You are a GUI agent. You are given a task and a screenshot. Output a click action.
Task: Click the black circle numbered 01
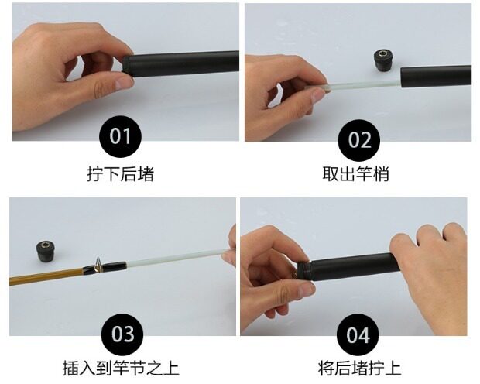point(120,136)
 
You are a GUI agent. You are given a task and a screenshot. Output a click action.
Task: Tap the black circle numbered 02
point(358,140)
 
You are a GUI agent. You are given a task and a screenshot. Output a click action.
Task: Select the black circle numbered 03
point(122,334)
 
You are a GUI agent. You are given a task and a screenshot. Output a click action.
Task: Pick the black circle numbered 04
point(358,334)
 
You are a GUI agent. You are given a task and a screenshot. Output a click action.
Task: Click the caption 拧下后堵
point(120,174)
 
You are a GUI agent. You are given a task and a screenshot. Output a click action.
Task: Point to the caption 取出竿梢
point(355,174)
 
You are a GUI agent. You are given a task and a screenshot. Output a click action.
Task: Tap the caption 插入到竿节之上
point(121,368)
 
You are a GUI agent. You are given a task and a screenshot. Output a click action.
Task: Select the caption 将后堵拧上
point(359,368)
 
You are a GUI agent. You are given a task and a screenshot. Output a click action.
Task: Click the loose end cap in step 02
point(383,60)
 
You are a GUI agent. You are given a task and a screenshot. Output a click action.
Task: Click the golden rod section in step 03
point(46,276)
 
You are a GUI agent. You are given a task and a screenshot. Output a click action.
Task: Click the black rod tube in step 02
point(436,76)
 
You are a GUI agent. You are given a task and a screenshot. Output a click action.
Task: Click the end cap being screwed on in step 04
point(304,270)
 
